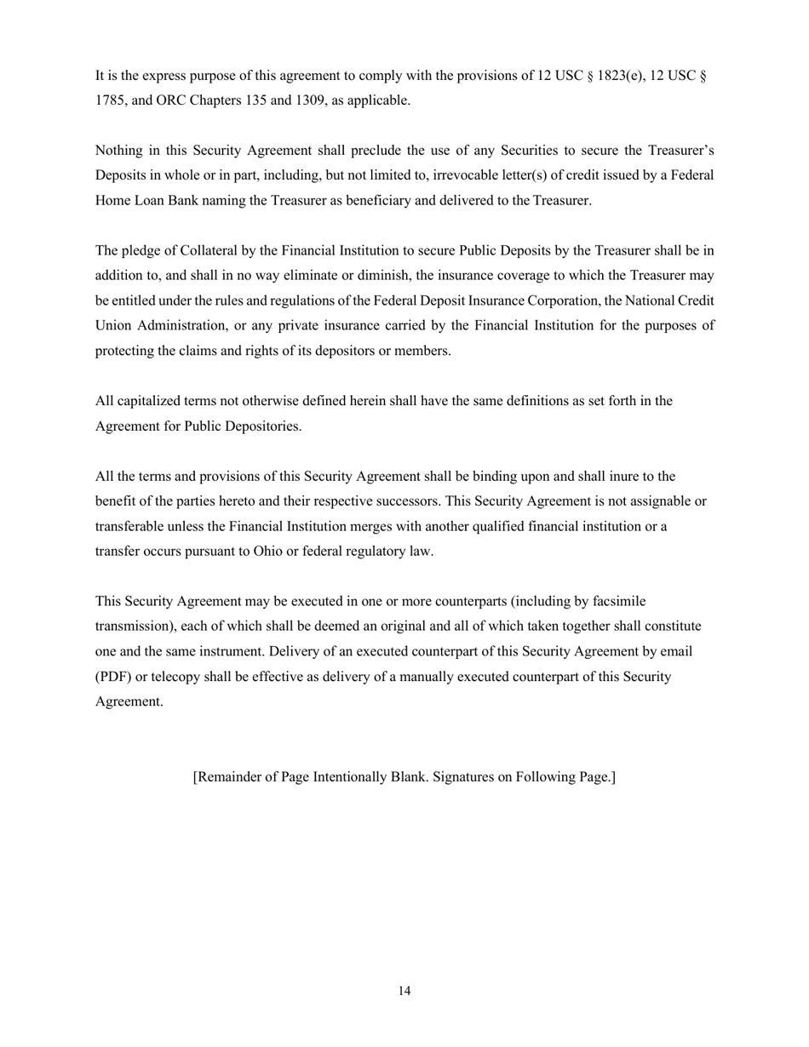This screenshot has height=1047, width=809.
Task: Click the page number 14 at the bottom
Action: point(404,991)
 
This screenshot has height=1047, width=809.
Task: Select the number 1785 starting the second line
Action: point(109,100)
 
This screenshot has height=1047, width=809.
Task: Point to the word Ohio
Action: point(269,552)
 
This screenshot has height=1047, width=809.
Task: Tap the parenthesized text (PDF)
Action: point(113,678)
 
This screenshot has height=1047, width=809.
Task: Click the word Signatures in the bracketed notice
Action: point(464,777)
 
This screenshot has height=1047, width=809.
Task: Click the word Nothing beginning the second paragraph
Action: point(118,151)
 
